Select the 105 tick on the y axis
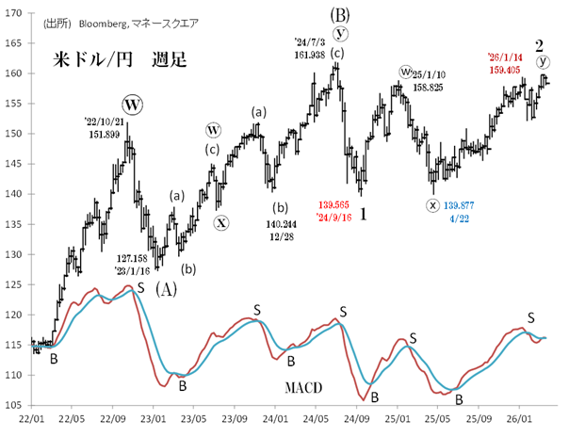click(x=17, y=405)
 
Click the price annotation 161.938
click(x=316, y=54)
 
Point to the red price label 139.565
click(x=335, y=204)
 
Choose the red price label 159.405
click(x=510, y=68)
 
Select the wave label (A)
click(x=167, y=287)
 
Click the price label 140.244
click(x=281, y=225)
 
